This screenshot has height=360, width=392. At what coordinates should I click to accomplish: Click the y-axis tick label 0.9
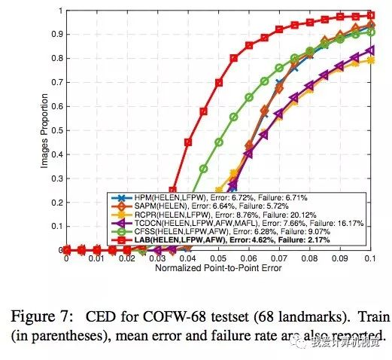(x=56, y=35)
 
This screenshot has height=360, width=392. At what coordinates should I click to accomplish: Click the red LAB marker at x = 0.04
(x=188, y=141)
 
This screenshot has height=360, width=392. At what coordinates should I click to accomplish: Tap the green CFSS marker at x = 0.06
(x=249, y=97)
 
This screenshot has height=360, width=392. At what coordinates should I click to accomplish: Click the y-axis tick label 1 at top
(x=59, y=11)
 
